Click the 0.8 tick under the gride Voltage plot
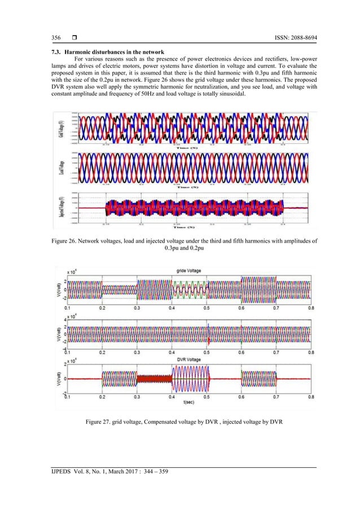310,309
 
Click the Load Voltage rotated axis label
61,168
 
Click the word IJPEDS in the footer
58,471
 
